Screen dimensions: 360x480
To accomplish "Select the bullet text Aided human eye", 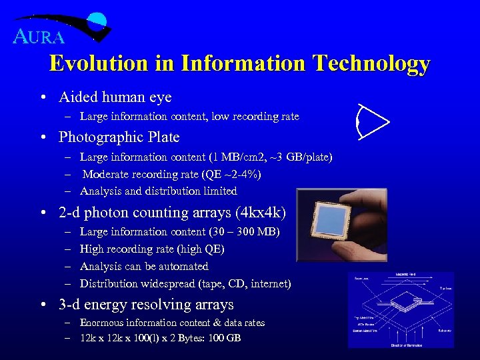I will (x=115, y=97).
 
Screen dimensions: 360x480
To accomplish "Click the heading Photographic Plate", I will (x=119, y=137).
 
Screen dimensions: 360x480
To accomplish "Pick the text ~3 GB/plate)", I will (x=300, y=157).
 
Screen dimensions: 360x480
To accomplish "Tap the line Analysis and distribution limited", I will (x=158, y=191).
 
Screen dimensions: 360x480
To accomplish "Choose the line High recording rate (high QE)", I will (x=152, y=249).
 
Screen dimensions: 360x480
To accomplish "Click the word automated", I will (x=182, y=267).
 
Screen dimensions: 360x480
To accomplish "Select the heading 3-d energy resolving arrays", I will (x=146, y=305).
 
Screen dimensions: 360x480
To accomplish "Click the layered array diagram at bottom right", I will (x=401, y=309).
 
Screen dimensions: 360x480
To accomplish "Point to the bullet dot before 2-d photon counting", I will (x=43, y=213).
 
